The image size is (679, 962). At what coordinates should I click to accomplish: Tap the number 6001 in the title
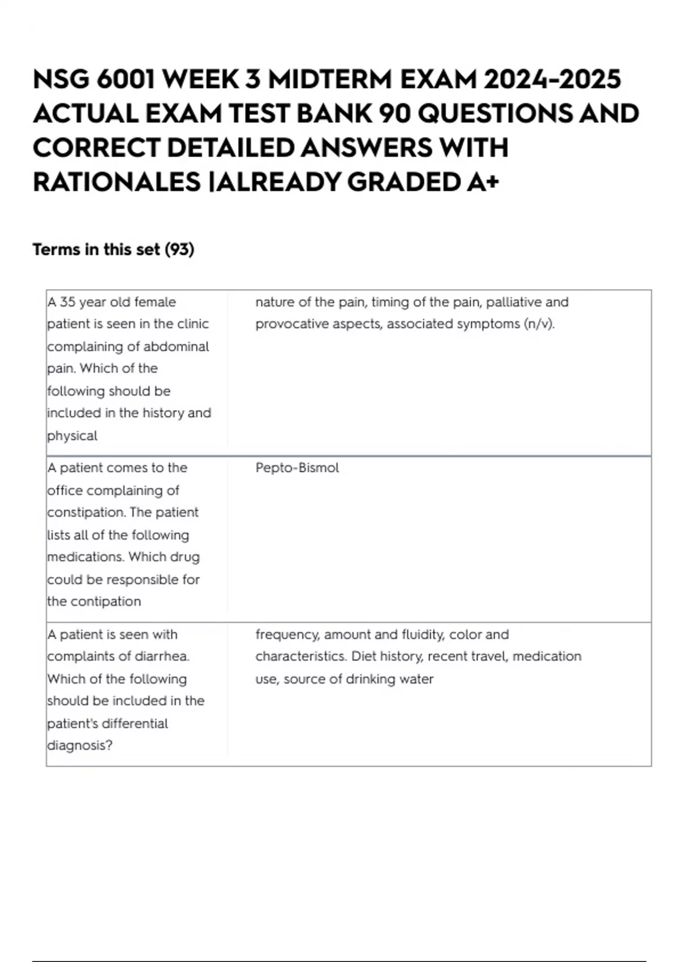click(126, 79)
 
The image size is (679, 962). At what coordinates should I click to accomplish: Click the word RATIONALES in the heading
click(117, 182)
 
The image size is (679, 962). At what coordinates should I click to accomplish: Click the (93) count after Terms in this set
click(179, 250)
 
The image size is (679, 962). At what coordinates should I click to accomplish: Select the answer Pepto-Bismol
click(297, 468)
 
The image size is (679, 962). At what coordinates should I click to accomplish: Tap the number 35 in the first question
click(67, 302)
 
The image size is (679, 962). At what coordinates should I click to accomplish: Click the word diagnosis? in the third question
click(80, 745)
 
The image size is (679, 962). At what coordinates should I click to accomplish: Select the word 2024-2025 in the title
click(552, 79)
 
